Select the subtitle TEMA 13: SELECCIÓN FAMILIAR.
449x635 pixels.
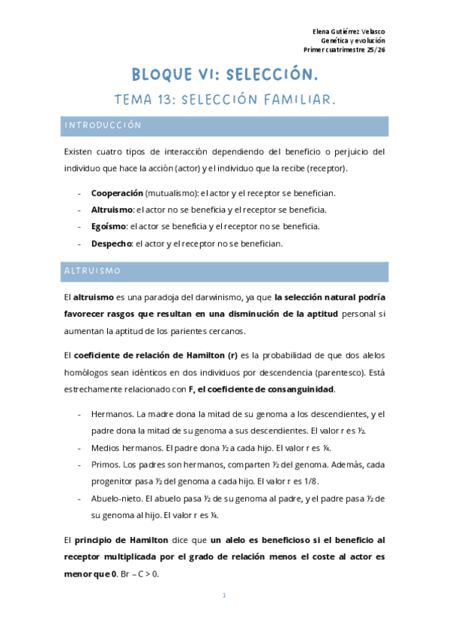224,99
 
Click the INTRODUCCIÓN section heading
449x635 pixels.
103,126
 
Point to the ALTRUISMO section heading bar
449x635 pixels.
224,270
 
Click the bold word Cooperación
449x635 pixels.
118,193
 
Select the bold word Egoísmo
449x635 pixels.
108,226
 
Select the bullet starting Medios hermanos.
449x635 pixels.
126,448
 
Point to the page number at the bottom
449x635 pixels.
224,596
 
